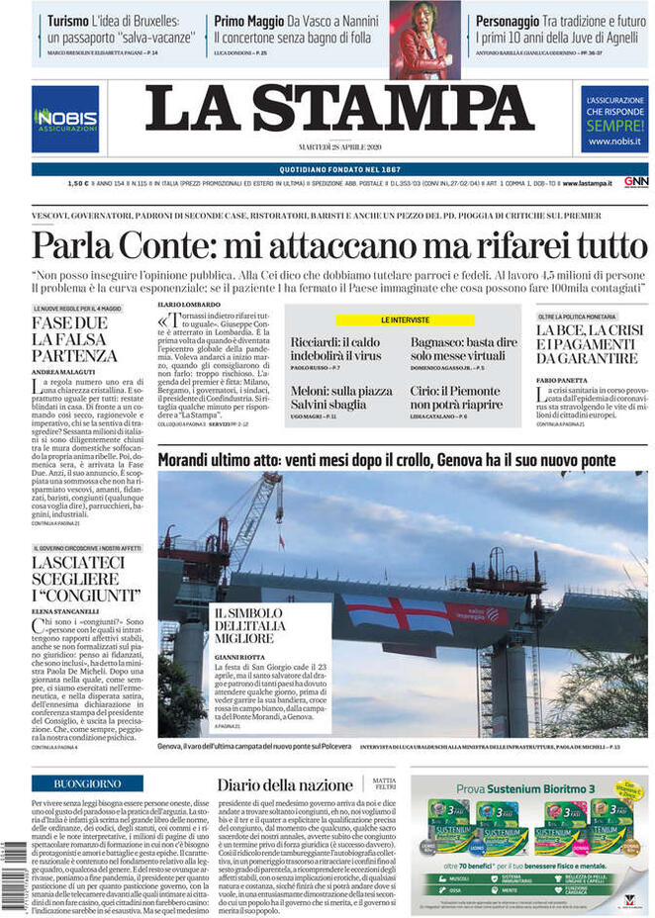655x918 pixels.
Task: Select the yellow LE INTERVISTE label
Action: click(x=404, y=321)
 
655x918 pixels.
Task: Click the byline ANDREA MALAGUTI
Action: click(x=61, y=371)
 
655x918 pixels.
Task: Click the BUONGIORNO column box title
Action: click(x=87, y=783)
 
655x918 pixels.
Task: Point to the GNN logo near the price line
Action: click(x=635, y=182)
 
